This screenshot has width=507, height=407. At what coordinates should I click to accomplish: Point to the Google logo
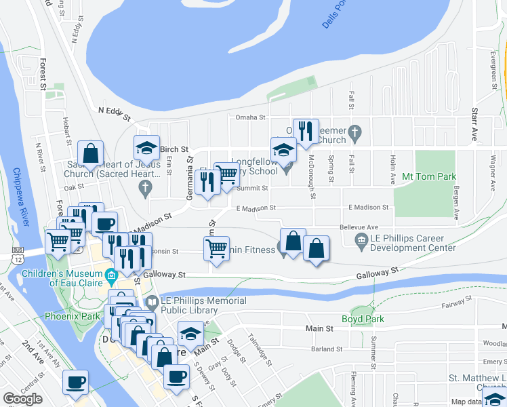pyautogui.click(x=22, y=399)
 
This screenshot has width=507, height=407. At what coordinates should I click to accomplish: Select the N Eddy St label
pyautogui.click(x=113, y=113)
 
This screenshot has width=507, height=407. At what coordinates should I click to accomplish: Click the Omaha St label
pyautogui.click(x=250, y=117)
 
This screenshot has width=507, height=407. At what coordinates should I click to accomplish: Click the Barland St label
pyautogui.click(x=326, y=349)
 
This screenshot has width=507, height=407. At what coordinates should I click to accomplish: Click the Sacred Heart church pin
pyautogui.click(x=146, y=192)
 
